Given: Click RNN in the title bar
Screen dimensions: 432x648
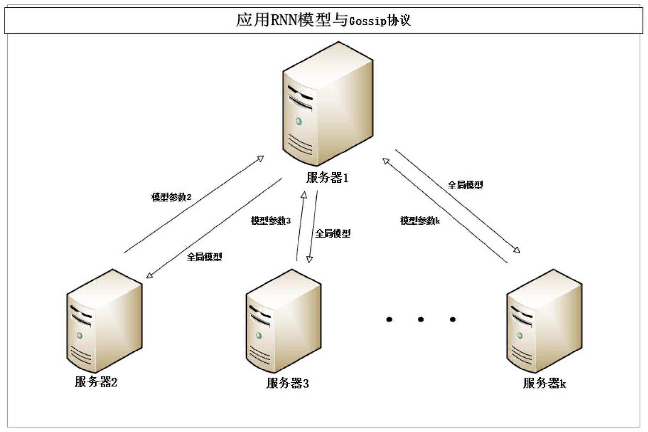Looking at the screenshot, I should point(283,20).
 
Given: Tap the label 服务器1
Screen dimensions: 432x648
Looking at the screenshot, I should point(327,178).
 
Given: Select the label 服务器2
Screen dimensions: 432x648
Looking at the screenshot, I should point(95,382).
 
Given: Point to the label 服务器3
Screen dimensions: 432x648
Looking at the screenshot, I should point(287,383).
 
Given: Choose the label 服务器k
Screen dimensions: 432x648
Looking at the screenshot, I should point(544,383).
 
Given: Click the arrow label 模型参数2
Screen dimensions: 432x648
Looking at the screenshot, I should point(171,197).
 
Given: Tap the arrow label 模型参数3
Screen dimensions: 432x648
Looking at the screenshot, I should point(271,221).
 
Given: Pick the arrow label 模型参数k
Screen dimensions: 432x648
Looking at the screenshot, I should point(420,221).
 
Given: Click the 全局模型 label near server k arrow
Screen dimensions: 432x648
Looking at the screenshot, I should point(465,185).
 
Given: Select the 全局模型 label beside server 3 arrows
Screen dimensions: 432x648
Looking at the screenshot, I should point(333,233).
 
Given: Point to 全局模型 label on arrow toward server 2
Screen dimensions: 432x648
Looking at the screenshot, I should point(204,257).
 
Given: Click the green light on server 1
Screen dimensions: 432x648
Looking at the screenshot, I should point(298,122).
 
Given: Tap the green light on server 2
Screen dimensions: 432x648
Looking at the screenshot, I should point(79,336).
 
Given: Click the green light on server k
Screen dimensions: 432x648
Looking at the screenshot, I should point(520,336).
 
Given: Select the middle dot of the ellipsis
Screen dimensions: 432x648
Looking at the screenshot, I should point(421,319).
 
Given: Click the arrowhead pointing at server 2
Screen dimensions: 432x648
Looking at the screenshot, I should point(149,275).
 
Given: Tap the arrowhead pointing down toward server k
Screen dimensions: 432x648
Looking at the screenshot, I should point(517,250).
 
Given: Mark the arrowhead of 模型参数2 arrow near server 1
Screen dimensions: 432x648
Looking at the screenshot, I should point(261,159).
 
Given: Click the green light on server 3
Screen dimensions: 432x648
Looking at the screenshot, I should point(259,336).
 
